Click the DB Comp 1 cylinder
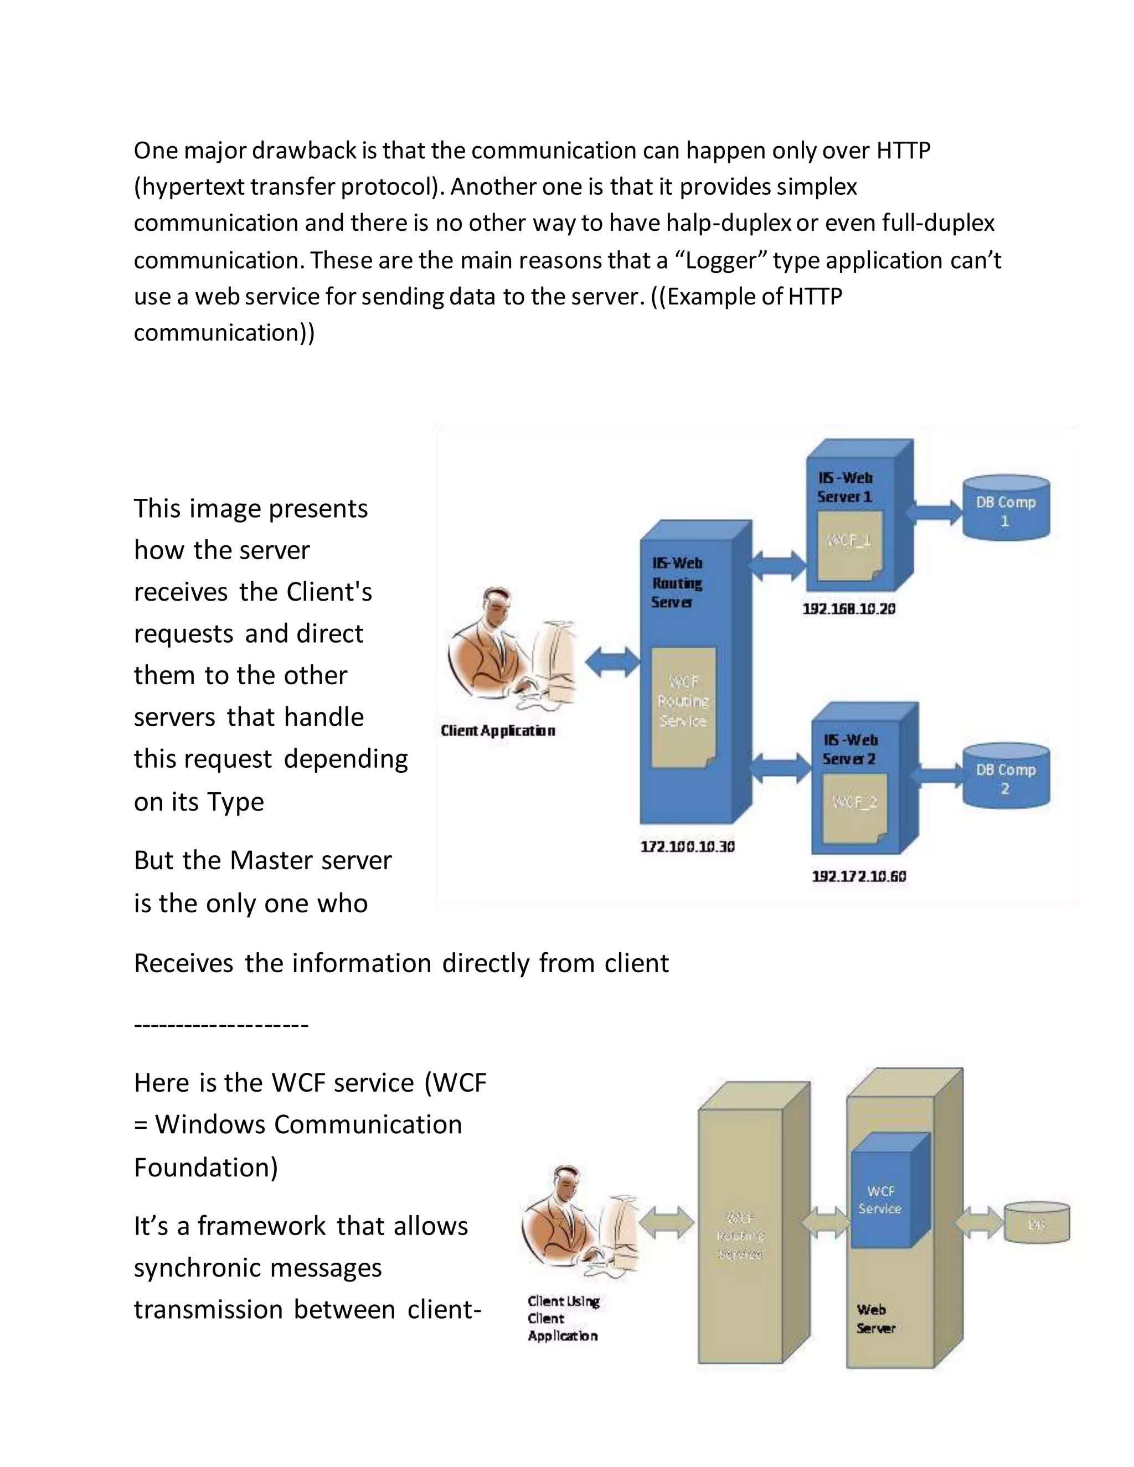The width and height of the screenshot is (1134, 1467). click(1005, 509)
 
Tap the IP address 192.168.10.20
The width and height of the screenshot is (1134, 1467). click(848, 608)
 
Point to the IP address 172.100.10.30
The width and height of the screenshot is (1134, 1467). click(687, 846)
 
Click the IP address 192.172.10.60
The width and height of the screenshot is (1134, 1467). click(859, 876)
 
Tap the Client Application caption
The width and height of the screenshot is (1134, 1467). click(498, 731)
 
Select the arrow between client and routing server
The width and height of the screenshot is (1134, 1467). click(612, 662)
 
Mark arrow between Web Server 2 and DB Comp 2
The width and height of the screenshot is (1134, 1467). click(938, 775)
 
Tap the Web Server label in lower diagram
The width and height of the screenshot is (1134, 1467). click(875, 1319)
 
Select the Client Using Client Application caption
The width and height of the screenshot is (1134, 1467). click(563, 1318)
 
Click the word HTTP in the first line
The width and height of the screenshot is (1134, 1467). click(903, 151)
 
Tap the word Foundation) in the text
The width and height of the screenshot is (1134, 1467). click(205, 1168)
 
